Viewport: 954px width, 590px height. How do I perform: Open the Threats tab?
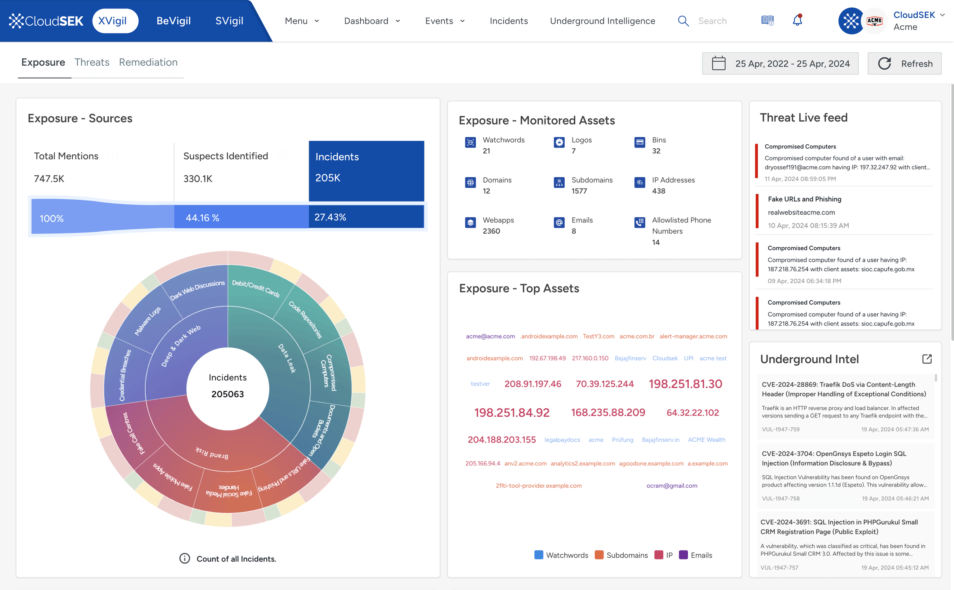click(92, 62)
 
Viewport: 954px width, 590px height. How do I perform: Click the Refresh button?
click(904, 64)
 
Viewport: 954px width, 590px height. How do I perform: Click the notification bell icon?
click(797, 20)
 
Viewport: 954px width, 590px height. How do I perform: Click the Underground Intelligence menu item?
click(602, 21)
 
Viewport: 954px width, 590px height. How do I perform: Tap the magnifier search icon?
click(683, 21)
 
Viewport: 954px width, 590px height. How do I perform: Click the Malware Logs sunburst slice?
click(148, 321)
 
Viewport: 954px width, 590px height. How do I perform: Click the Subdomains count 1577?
click(579, 191)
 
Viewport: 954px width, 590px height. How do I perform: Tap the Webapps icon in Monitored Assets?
click(470, 222)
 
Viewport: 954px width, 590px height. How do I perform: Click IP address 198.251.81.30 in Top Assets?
click(685, 384)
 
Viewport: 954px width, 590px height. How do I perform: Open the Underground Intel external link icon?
click(926, 359)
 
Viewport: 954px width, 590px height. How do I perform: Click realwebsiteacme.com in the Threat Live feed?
click(801, 212)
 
